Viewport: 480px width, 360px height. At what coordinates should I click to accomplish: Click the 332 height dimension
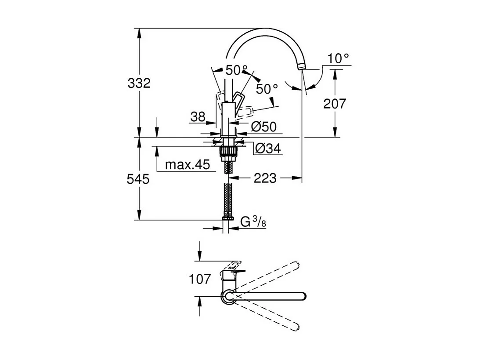click(x=139, y=83)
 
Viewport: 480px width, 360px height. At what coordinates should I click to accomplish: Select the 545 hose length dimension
click(x=138, y=179)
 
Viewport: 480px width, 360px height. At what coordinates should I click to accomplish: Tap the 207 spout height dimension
click(x=335, y=104)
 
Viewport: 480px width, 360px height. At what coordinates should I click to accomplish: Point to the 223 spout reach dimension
click(x=265, y=178)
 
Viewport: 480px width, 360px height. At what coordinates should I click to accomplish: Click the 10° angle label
click(x=338, y=58)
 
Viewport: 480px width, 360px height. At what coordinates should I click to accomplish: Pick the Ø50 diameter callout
click(x=263, y=126)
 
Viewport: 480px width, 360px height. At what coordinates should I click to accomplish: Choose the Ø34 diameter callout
click(x=268, y=149)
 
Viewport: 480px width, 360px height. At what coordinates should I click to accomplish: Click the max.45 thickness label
click(x=188, y=165)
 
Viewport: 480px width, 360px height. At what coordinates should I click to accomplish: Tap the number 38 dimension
click(x=198, y=117)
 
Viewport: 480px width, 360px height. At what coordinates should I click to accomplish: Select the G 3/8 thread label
click(x=253, y=222)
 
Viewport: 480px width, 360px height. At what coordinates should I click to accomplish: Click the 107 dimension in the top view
click(x=200, y=279)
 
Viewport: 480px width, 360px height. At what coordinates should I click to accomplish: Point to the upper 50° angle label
click(x=236, y=70)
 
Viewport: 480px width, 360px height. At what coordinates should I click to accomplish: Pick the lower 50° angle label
click(x=267, y=89)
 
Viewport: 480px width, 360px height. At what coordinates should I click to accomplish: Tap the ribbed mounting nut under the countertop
click(x=227, y=151)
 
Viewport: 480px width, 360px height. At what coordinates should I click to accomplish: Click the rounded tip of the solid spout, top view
click(x=303, y=296)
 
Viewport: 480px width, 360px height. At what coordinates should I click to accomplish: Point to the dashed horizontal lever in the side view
click(x=245, y=111)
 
